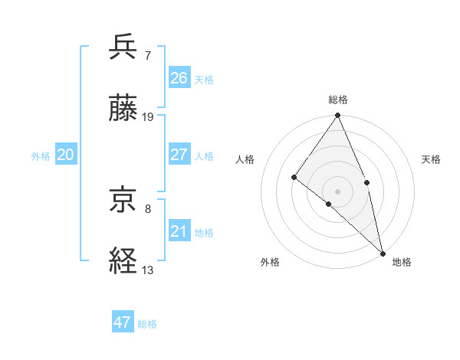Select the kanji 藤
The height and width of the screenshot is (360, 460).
[124, 109]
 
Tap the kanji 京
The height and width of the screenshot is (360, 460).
[124, 201]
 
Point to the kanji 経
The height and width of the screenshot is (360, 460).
[124, 262]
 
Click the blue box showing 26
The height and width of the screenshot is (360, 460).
[179, 78]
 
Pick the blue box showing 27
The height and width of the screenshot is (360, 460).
[179, 155]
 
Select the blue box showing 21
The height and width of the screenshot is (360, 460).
[179, 231]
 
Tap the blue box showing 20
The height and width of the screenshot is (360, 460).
[66, 155]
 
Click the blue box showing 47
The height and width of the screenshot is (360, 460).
[123, 322]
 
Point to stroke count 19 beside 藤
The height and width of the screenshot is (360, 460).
[149, 117]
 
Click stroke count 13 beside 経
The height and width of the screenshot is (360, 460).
[148, 270]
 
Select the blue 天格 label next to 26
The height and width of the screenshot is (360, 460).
[204, 80]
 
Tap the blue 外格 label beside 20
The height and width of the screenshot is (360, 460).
[41, 156]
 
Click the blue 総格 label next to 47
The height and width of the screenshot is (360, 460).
[147, 324]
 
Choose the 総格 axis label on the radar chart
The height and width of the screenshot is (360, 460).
[338, 100]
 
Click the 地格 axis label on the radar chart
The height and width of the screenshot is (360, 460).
[402, 262]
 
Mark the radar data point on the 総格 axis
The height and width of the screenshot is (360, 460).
[338, 116]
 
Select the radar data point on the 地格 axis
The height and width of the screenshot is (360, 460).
[383, 252]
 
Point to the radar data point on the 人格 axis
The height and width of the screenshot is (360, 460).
[294, 177]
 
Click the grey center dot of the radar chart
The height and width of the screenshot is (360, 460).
[338, 191]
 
